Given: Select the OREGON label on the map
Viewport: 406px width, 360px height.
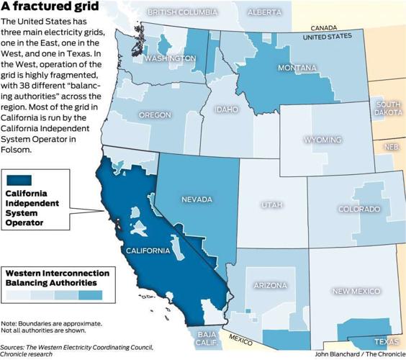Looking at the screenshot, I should pyautogui.click(x=155, y=115).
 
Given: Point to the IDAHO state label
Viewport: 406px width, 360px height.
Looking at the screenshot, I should pyautogui.click(x=230, y=110).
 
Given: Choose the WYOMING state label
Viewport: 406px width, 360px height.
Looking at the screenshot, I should pyautogui.click(x=323, y=140).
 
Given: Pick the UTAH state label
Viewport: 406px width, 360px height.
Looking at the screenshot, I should pyautogui.click(x=271, y=206).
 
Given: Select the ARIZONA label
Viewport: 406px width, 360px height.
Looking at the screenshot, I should pyautogui.click(x=270, y=286).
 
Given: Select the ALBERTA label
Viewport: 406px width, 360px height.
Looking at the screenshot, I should pyautogui.click(x=264, y=12).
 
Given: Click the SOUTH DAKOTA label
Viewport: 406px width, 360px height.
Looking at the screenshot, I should pyautogui.click(x=389, y=109).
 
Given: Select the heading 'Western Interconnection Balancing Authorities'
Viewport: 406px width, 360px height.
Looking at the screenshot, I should pyautogui.click(x=58, y=278).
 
